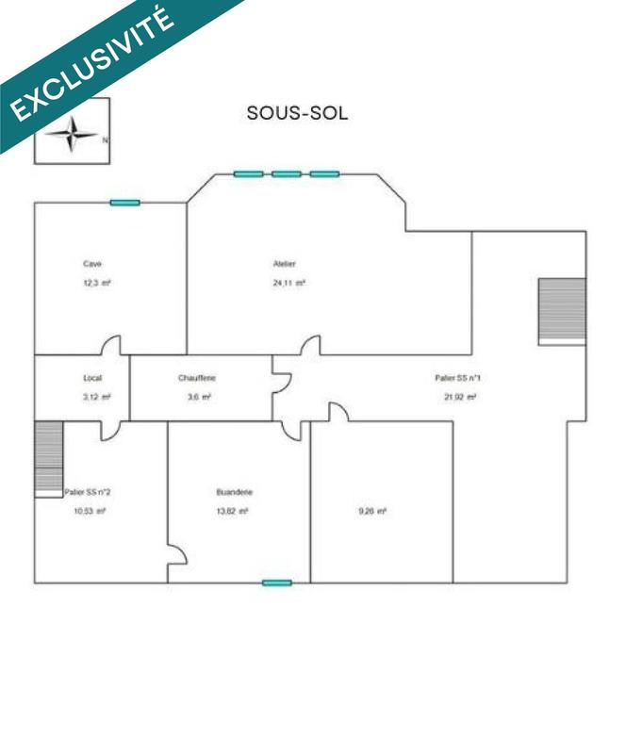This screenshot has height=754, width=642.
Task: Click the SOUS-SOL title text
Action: pos(297,113)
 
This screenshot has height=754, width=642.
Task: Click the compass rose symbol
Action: pos(72,135)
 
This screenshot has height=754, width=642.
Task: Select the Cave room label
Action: pos(92,264)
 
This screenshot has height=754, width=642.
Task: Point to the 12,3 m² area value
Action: pos(97,283)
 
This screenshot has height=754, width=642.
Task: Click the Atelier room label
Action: pos(285,264)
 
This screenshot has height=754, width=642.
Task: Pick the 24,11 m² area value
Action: pos(289,283)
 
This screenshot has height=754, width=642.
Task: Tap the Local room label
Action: pos(92,378)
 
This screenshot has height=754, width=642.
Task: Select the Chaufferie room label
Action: pos(197,378)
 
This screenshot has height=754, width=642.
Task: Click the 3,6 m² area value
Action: pos(199,397)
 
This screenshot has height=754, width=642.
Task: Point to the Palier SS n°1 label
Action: pos(458,378)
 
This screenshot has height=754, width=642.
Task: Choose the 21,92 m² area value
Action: pos(460,397)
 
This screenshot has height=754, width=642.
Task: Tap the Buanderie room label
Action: pos(234,492)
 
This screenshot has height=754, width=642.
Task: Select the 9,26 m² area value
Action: pos(372,511)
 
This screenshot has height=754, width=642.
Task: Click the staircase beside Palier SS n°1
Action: pos(562,311)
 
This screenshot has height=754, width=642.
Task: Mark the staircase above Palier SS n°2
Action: pos(48,457)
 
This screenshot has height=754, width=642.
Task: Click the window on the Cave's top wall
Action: pos(124,203)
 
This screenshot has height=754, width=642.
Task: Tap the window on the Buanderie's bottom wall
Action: pos(276,582)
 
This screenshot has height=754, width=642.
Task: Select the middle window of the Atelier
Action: pos(287,173)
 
